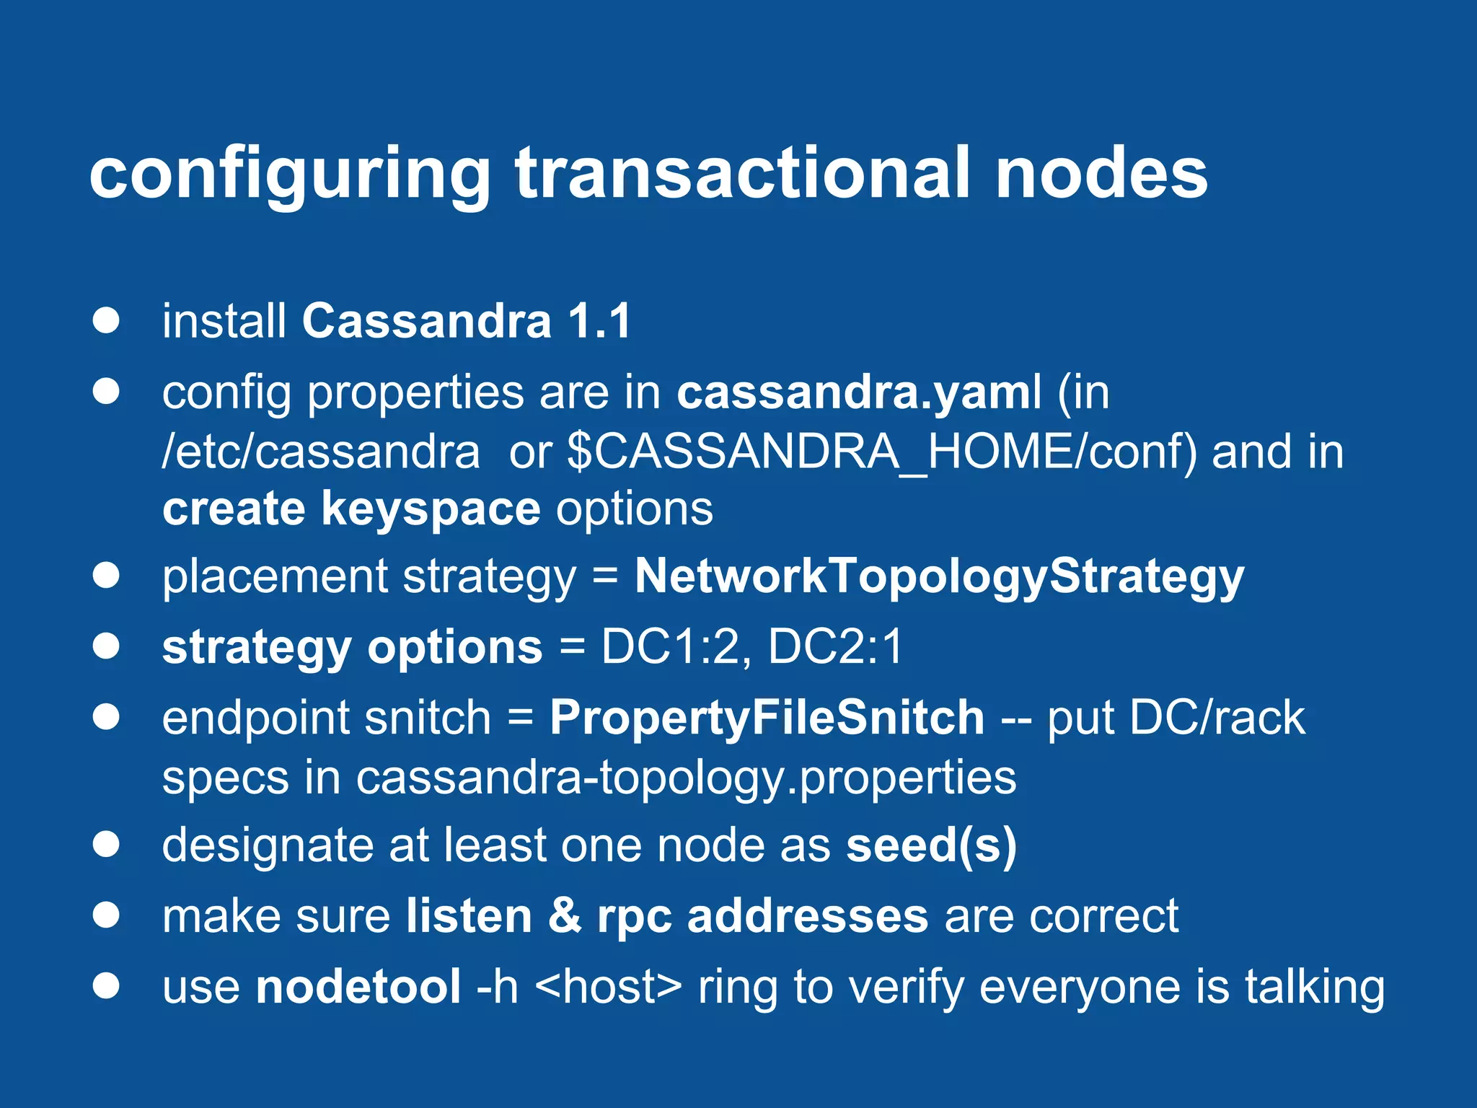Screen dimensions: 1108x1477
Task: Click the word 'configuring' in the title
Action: (288, 175)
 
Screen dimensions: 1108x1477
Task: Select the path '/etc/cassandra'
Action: (321, 452)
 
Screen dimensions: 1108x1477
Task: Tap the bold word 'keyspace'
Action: (430, 509)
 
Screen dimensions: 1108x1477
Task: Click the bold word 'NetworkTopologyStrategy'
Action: (939, 577)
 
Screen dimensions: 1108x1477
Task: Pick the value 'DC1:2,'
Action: (676, 646)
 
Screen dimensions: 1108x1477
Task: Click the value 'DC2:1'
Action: (835, 646)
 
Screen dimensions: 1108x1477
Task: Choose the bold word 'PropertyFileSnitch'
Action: (767, 718)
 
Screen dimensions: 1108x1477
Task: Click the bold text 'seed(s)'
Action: (931, 845)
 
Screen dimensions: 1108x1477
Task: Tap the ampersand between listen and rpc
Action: (565, 916)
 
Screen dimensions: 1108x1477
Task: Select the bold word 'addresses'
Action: (808, 916)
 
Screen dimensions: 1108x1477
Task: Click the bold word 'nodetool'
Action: (358, 987)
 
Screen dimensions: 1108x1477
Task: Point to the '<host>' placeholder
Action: (609, 987)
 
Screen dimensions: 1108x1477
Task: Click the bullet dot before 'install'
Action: (106, 321)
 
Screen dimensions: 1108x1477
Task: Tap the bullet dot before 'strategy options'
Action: (106, 646)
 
